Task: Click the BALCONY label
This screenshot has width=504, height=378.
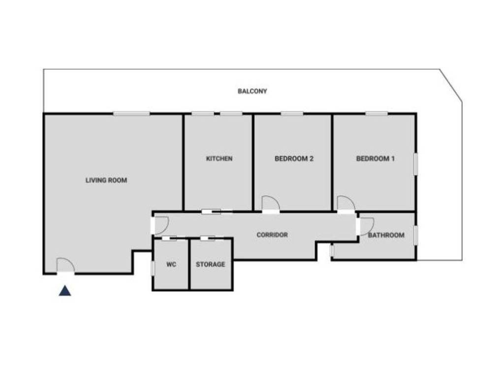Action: [x=252, y=91]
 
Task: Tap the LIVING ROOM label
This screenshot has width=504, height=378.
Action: [x=106, y=180]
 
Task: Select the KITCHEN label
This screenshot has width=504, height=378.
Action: [x=219, y=158]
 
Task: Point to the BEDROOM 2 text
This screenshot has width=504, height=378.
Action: [x=294, y=158]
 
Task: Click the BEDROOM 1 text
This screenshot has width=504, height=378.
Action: [x=376, y=158]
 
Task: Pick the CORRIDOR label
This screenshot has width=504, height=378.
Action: [x=272, y=235]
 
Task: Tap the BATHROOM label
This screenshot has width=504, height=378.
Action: [x=386, y=235]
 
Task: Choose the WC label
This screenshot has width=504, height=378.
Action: [x=171, y=264]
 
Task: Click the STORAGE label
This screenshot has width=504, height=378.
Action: [x=211, y=264]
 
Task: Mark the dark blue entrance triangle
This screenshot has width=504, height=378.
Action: [x=65, y=291]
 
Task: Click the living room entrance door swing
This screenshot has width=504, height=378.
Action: [x=65, y=266]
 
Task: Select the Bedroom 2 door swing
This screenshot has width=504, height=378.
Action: [x=270, y=204]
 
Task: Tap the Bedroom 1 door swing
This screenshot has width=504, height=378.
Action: [x=346, y=204]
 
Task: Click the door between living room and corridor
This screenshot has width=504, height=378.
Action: [x=160, y=225]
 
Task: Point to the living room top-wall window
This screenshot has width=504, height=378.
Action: [x=131, y=114]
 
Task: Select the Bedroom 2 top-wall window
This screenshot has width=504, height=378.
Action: [x=292, y=114]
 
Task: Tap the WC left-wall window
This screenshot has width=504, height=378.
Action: [x=153, y=268]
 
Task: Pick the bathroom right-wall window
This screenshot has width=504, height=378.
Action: [x=416, y=235]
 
